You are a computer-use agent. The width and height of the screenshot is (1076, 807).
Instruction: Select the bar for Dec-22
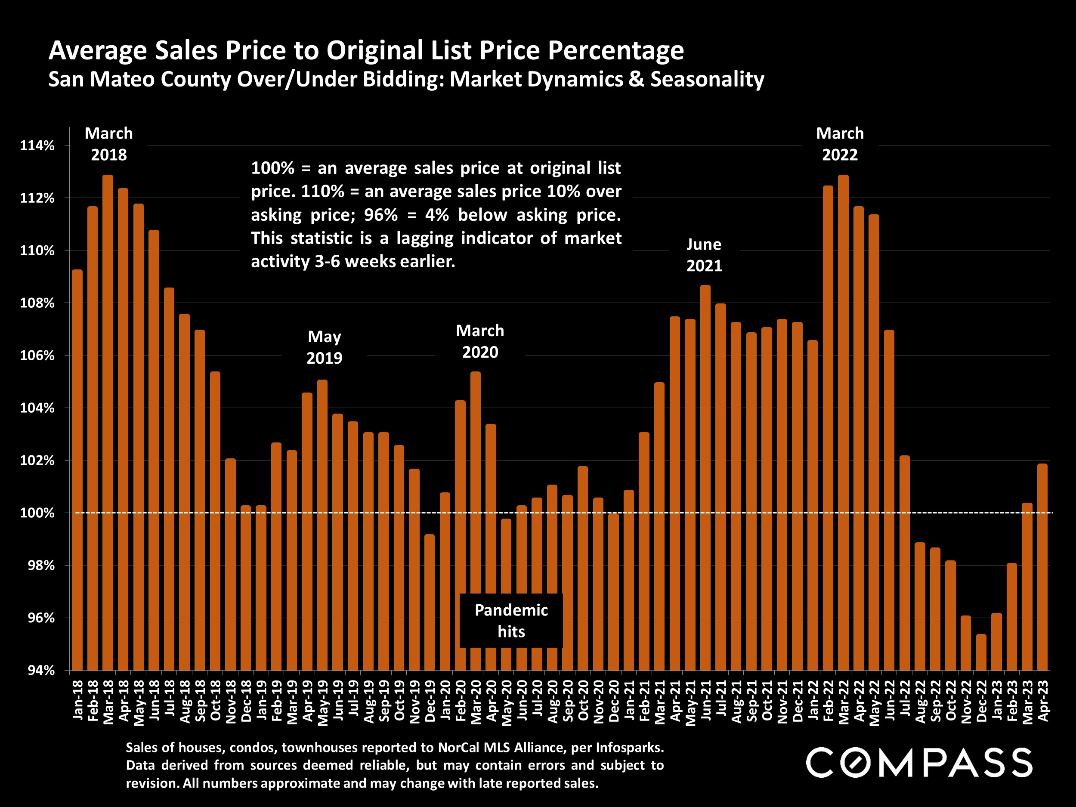click(982, 652)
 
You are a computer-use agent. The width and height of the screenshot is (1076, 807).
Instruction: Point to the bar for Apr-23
click(1042, 567)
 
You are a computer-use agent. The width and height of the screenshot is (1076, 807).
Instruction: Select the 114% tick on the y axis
click(37, 145)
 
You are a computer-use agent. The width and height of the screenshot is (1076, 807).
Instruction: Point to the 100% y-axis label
click(37, 513)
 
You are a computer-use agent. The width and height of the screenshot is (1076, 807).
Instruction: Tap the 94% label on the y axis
click(41, 671)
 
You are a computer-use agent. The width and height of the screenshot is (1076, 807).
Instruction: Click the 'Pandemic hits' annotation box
click(511, 621)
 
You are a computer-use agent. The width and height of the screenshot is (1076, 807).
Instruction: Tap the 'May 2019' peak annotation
click(325, 347)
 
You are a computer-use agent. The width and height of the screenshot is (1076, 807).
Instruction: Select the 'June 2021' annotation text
click(704, 255)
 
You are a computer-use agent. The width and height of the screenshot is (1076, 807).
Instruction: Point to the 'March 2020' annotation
click(480, 341)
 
